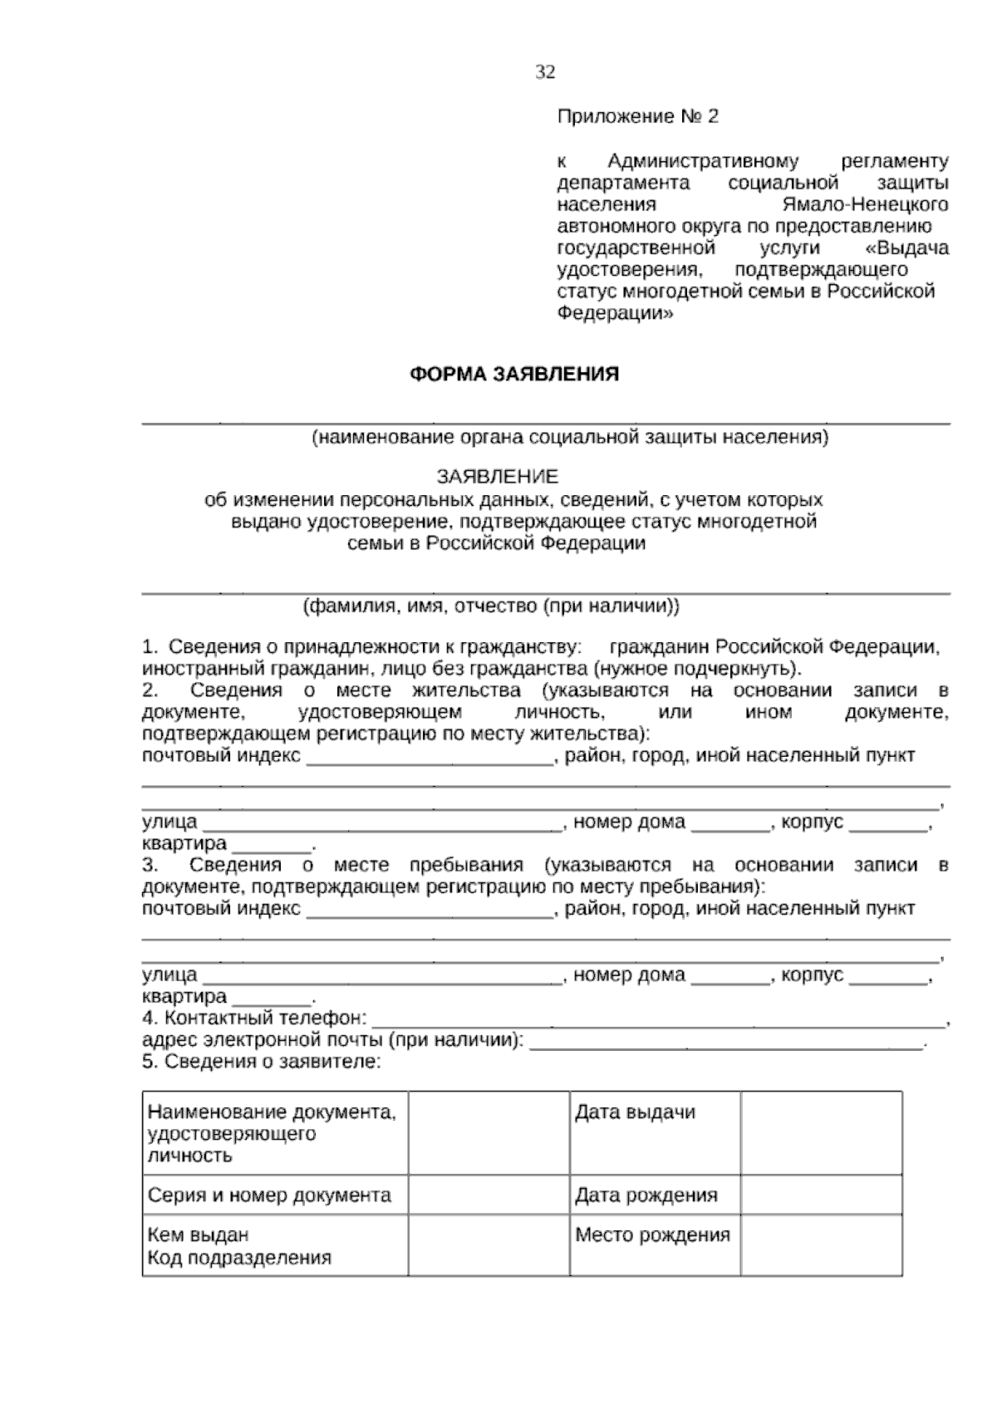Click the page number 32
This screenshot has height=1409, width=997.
click(545, 72)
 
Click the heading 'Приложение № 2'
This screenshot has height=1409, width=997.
click(637, 117)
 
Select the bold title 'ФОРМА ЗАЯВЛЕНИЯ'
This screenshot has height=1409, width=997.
click(514, 374)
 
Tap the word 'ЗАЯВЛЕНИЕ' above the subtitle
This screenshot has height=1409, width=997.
click(498, 477)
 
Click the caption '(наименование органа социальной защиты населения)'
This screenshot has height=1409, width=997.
click(569, 437)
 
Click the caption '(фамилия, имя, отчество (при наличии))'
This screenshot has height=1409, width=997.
click(491, 606)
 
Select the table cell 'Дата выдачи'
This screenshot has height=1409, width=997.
click(635, 1112)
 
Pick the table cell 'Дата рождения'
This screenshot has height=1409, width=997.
click(646, 1195)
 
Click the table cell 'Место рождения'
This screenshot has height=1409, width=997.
click(652, 1235)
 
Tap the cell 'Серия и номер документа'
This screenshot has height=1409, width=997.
click(269, 1195)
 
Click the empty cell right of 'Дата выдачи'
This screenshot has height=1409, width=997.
click(821, 1132)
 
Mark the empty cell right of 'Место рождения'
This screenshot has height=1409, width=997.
click(821, 1245)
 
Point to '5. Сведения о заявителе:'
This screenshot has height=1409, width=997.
click(261, 1062)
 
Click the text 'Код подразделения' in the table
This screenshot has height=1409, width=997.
click(239, 1258)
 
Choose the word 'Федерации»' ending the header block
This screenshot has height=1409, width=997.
click(614, 314)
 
